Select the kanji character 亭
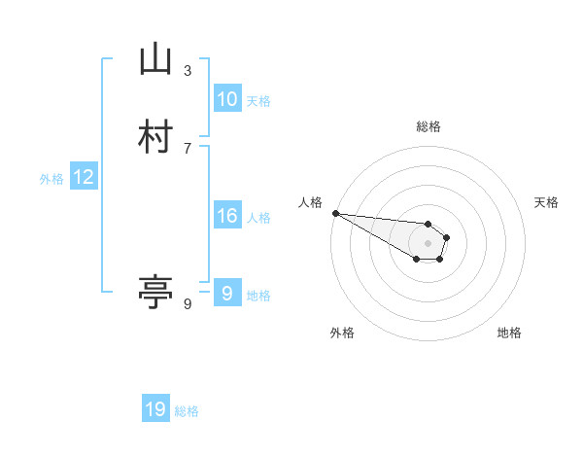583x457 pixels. point(155,292)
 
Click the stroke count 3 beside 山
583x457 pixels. point(188,70)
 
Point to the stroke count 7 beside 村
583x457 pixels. point(188,147)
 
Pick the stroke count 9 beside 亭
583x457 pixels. point(188,304)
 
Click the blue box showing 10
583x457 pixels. point(226,99)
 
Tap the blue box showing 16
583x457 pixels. point(226,216)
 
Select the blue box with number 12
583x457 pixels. point(84,177)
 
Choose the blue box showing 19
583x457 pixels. point(155,409)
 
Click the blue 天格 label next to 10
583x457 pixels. point(258,101)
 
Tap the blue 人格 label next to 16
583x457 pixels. point(258,218)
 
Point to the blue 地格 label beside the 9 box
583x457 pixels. point(258,296)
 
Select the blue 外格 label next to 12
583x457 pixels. point(51,179)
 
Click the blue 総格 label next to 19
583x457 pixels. point(187,411)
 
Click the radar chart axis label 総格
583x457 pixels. point(428,126)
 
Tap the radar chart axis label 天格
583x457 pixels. point(546,202)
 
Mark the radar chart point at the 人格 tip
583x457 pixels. point(335,213)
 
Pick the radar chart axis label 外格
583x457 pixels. point(342,333)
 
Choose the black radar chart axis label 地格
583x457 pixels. point(509,333)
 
